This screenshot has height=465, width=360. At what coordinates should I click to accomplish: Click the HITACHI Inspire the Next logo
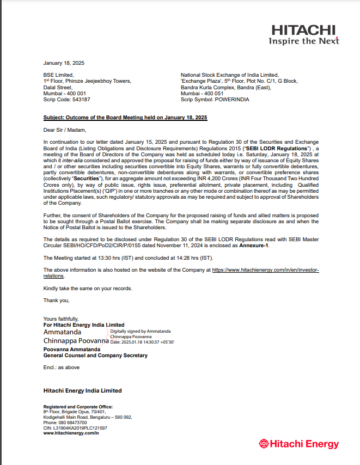[x=303, y=34]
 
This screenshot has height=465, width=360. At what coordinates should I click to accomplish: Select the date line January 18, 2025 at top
[x=64, y=63]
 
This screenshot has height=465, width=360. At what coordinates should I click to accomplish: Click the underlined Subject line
[x=125, y=118]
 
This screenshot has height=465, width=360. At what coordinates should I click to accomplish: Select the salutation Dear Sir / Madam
[x=65, y=130]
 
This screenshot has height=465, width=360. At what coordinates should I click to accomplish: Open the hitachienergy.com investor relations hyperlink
[x=265, y=270]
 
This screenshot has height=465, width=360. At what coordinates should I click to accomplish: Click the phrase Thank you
[x=56, y=300]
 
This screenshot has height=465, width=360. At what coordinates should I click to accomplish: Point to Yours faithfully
[x=61, y=319]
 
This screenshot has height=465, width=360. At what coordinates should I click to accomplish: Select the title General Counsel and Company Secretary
[x=95, y=356]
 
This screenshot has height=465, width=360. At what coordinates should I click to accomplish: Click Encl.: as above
[x=61, y=368]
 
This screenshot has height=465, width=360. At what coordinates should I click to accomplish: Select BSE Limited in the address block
[x=58, y=75]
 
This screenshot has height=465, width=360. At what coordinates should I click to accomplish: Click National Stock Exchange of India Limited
[x=229, y=75]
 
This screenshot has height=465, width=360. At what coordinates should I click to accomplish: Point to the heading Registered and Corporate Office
[x=78, y=407]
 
